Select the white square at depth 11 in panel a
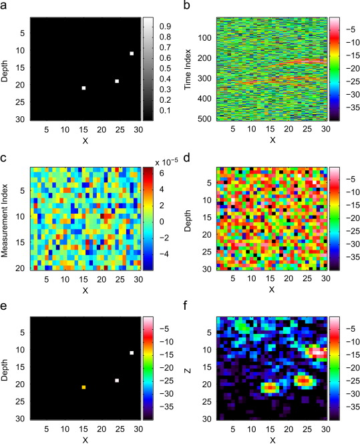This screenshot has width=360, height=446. tap(132, 53)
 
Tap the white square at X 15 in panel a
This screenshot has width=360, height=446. tap(83, 88)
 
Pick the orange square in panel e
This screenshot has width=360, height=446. tap(83, 387)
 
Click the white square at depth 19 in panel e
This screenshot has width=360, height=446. tap(117, 380)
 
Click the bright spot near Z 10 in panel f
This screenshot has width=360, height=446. tap(316, 351)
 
